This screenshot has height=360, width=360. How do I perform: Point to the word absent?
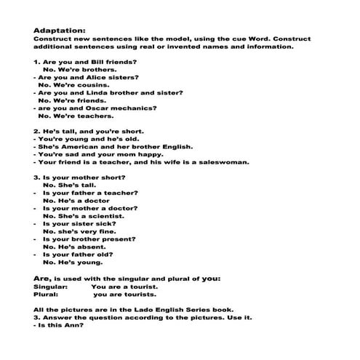pyautogui.click(x=88, y=247)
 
